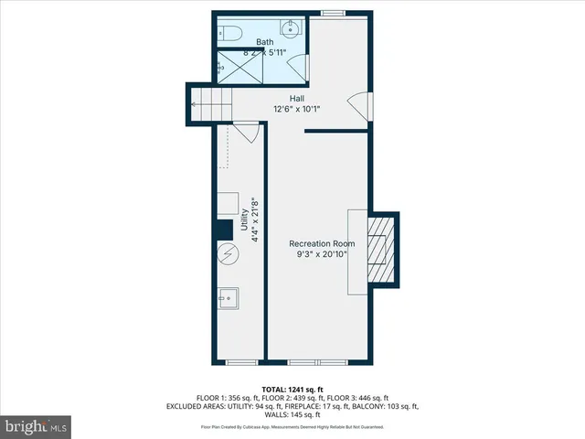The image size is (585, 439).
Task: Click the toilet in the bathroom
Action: click(229, 34)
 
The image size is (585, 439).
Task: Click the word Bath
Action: click(264, 42)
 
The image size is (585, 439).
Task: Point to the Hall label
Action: click(297, 98)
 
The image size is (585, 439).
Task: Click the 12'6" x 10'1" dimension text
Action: click(297, 109)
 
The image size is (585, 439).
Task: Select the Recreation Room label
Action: click(322, 243)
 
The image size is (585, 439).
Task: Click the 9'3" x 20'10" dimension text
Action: click(322, 255)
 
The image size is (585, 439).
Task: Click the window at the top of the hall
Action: click(333, 13)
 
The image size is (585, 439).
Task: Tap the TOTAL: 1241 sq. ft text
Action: click(292, 389)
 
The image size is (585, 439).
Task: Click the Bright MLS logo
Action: click(36, 425)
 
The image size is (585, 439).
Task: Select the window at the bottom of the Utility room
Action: click(239, 363)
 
